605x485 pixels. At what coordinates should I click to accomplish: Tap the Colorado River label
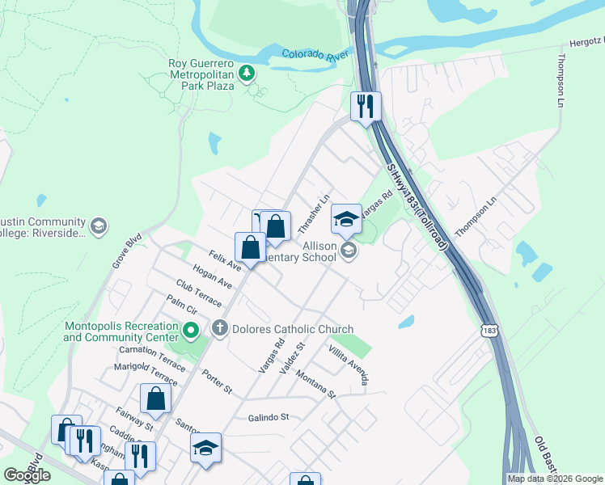click(x=315, y=55)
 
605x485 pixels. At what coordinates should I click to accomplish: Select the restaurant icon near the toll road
click(x=366, y=106)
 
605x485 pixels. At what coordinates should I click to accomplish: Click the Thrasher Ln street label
click(x=315, y=212)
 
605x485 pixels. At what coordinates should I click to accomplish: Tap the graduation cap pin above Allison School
click(x=346, y=219)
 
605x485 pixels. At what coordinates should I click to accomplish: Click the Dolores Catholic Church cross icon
click(x=219, y=329)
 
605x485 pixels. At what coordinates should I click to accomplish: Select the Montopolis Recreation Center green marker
click(x=191, y=330)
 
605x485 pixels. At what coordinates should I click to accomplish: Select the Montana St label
click(x=315, y=382)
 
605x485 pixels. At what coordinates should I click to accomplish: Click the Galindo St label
click(x=268, y=417)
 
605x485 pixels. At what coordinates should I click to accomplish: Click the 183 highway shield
click(x=488, y=331)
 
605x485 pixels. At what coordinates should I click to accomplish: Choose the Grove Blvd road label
click(x=127, y=251)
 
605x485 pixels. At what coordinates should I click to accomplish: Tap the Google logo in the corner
click(x=27, y=475)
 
